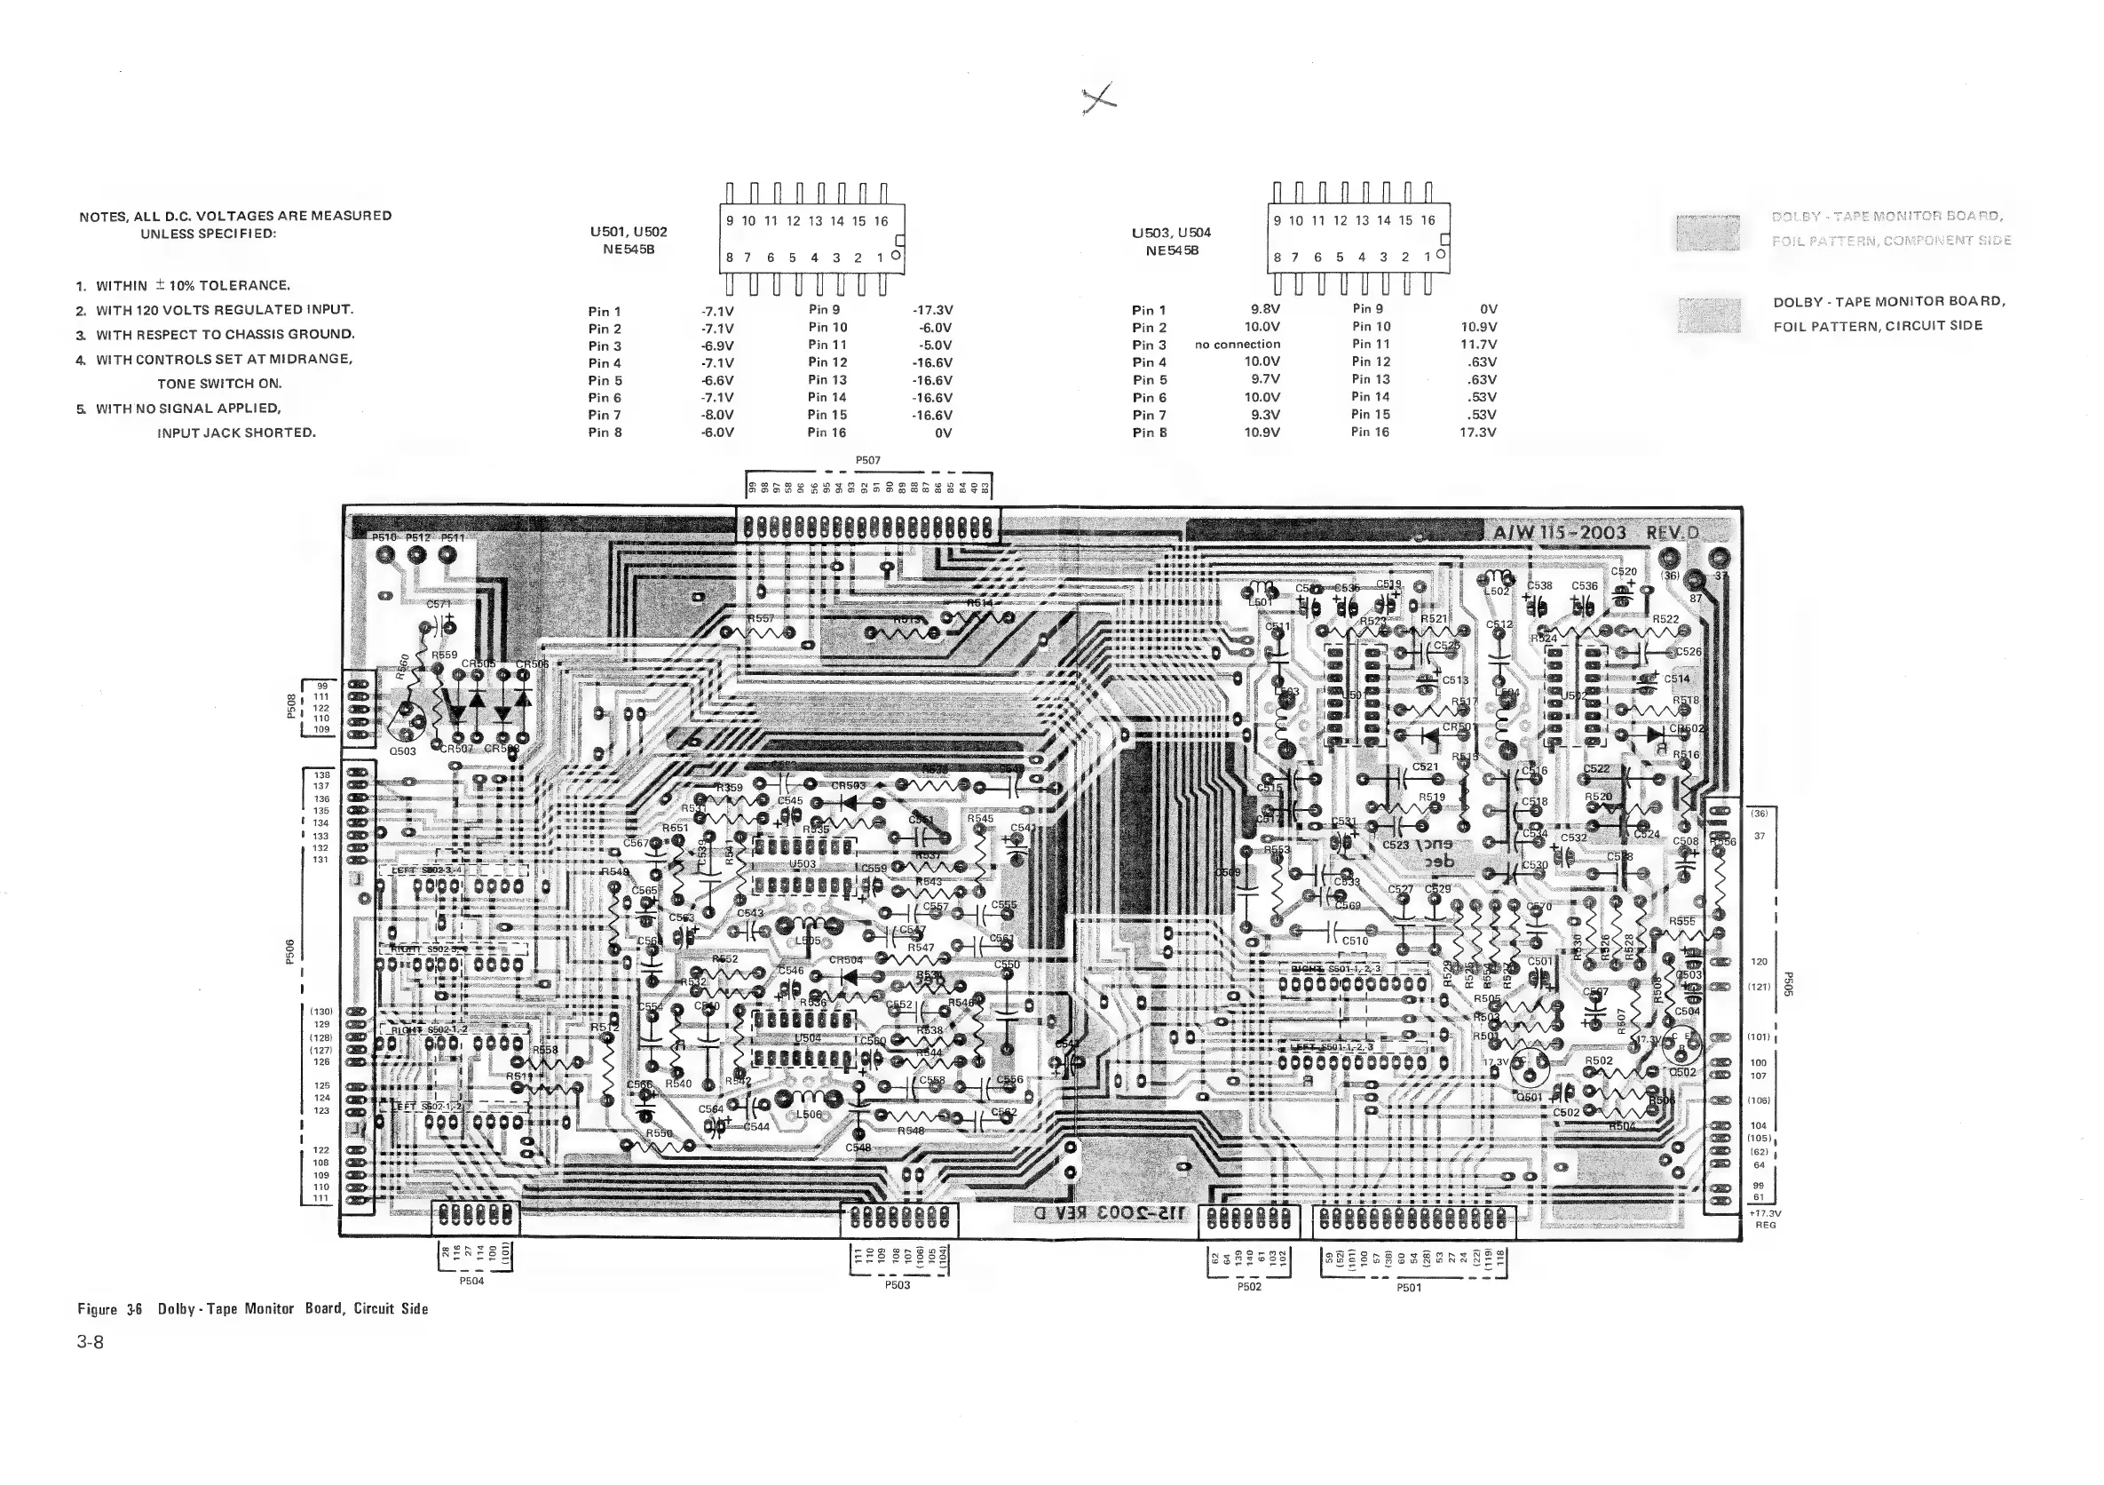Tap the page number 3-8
[x=91, y=1342]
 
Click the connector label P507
[x=868, y=461]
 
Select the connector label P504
[x=471, y=1281]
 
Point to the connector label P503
[x=898, y=1285]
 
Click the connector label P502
[x=1249, y=1286]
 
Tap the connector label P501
[x=1410, y=1288]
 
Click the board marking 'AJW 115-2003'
[x=1560, y=534]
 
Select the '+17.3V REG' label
[x=1765, y=1219]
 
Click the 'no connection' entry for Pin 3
[x=1238, y=345]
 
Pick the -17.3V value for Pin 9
[x=933, y=311]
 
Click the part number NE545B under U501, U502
[x=629, y=250]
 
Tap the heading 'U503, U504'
[x=1171, y=233]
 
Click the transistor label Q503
[x=402, y=750]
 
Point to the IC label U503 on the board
[x=803, y=863]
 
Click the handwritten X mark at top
[x=1099, y=97]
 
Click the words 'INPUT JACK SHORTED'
[x=236, y=433]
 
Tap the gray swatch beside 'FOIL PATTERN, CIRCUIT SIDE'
[x=1709, y=315]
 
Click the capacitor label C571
[x=439, y=604]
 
